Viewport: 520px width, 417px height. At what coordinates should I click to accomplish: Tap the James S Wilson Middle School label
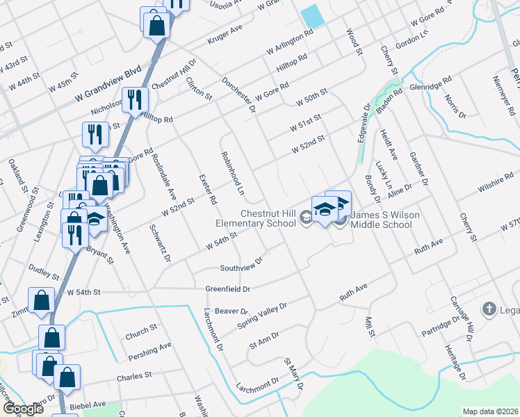tap(384, 220)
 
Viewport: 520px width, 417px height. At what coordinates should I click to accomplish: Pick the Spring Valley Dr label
tap(262, 306)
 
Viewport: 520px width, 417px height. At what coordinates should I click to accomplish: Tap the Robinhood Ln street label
tap(233, 172)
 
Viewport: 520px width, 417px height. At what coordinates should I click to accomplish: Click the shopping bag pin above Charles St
tap(67, 377)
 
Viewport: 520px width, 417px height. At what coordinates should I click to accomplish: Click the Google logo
tap(23, 409)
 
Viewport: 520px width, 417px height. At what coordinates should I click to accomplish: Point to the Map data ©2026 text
tap(489, 411)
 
